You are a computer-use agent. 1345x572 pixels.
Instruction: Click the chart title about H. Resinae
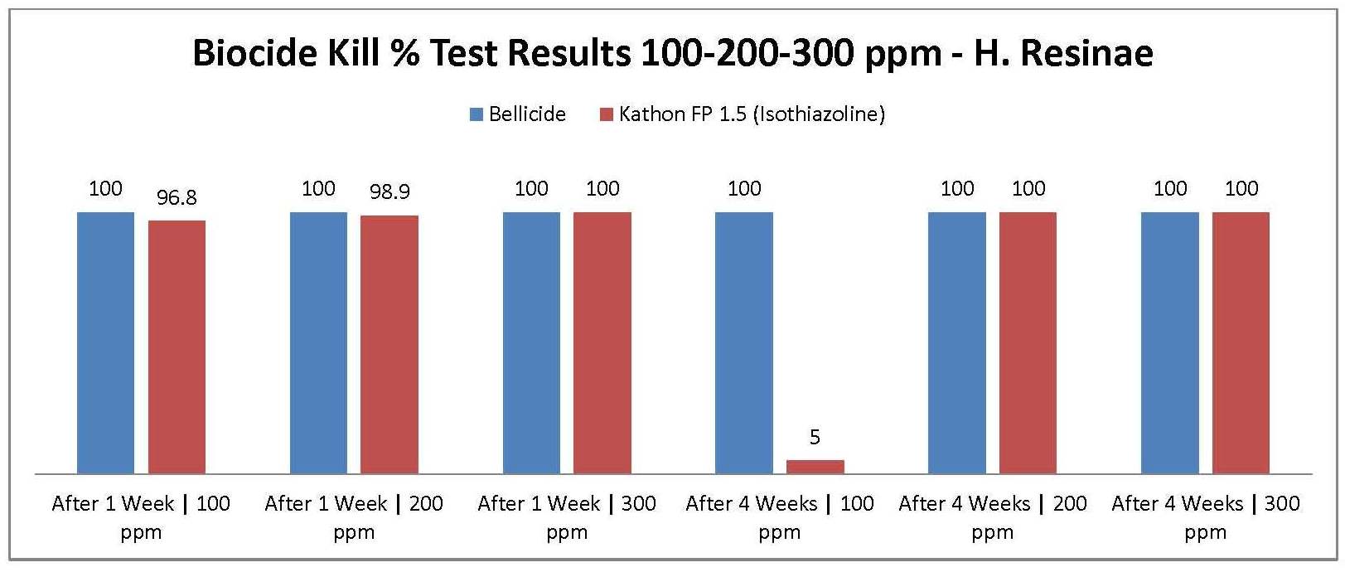pyautogui.click(x=672, y=53)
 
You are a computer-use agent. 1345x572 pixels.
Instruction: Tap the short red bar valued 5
pyautogui.click(x=815, y=467)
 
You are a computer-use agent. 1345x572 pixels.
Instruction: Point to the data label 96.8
pyautogui.click(x=177, y=197)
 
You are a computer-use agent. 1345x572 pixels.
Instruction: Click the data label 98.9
pyautogui.click(x=389, y=192)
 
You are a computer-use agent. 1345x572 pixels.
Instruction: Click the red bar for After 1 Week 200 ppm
pyautogui.click(x=389, y=344)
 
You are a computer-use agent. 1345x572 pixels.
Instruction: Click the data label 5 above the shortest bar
pyautogui.click(x=815, y=437)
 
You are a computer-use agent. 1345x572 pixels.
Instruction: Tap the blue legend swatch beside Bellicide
pyautogui.click(x=477, y=114)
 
